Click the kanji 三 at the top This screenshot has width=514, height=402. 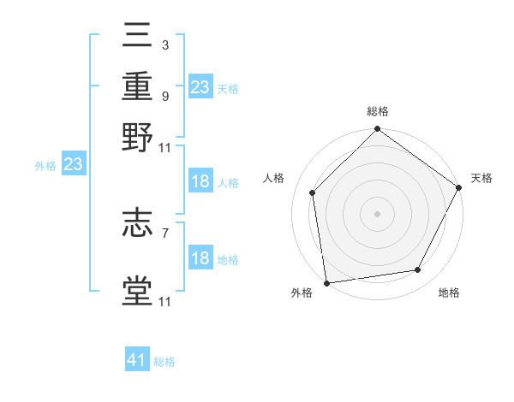pyautogui.click(x=138, y=36)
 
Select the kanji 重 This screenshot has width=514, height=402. pyautogui.click(x=138, y=87)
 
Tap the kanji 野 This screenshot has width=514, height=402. pyautogui.click(x=138, y=138)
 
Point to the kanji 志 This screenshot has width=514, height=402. pyautogui.click(x=138, y=223)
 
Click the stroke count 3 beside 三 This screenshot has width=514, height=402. pyautogui.click(x=164, y=45)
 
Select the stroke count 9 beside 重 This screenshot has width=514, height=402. pyautogui.click(x=164, y=97)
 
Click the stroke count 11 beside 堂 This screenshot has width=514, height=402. pyautogui.click(x=165, y=301)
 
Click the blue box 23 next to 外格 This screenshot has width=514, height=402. pyautogui.click(x=72, y=165)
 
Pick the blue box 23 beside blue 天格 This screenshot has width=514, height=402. pyautogui.click(x=200, y=87)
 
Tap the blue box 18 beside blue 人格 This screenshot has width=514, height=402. pyautogui.click(x=200, y=181)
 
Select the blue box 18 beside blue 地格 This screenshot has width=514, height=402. pyautogui.click(x=200, y=258)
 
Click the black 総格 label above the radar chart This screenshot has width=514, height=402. pyautogui.click(x=377, y=111)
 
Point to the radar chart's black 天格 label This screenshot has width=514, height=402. pyautogui.click(x=481, y=178)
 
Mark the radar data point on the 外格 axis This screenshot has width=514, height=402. pyautogui.click(x=326, y=282)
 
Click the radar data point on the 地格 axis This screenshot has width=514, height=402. pyautogui.click(x=418, y=269)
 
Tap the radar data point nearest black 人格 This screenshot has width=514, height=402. pyautogui.click(x=313, y=192)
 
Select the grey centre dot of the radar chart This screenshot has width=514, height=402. pyautogui.click(x=377, y=213)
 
